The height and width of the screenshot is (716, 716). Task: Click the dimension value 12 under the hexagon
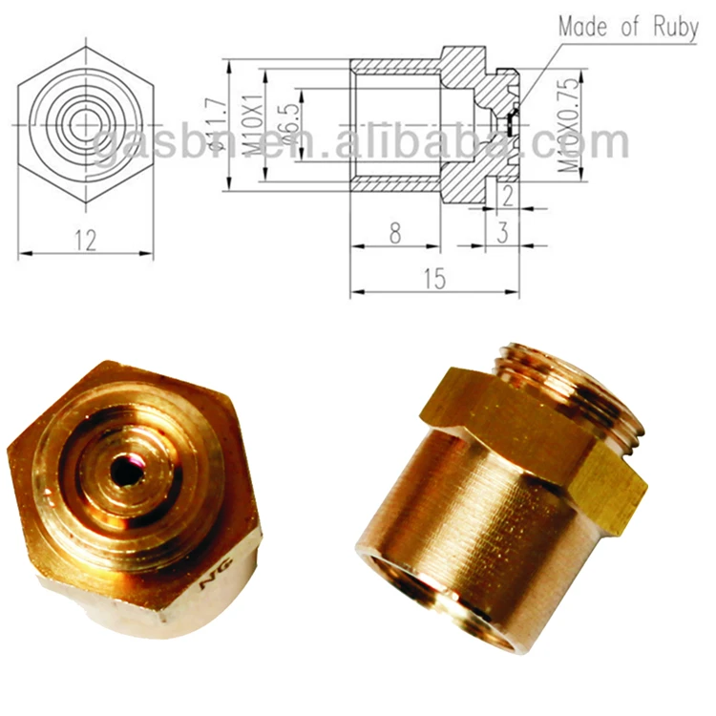click(x=86, y=240)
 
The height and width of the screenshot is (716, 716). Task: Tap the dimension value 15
click(x=434, y=278)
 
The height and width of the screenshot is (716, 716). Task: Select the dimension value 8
click(x=394, y=233)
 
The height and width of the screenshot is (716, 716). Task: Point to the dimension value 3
click(x=502, y=233)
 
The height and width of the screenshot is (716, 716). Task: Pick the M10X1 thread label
click(x=252, y=124)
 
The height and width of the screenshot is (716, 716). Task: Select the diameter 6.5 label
click(x=284, y=125)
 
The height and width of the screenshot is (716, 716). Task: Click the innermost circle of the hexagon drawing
click(x=86, y=122)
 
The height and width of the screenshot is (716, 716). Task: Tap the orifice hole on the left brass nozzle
click(x=125, y=468)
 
